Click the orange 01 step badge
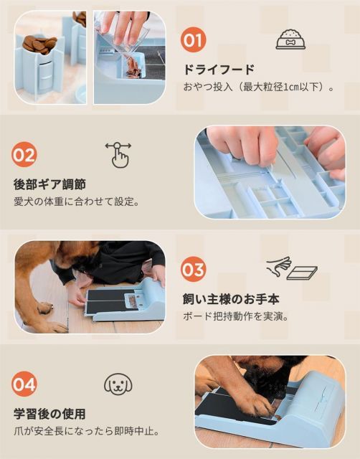tap(193, 40)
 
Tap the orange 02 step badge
tap(24, 155)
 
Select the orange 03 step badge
tap(193, 270)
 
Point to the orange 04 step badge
tap(24, 384)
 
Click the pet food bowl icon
tap(290, 39)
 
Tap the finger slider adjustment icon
tap(118, 155)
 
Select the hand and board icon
tap(291, 268)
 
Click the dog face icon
tap(118, 384)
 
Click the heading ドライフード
tap(219, 70)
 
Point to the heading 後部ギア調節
tap(49, 185)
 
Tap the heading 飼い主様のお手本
tap(231, 299)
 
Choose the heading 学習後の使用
tap(49, 414)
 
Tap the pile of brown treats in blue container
tap(39, 44)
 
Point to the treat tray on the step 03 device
tap(132, 301)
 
